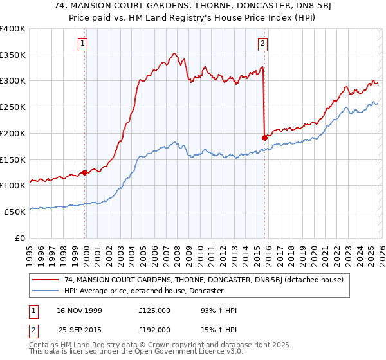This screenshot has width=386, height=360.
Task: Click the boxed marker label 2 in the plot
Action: click(263, 44)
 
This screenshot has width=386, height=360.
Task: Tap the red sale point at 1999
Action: click(85, 172)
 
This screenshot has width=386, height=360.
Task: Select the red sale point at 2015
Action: click(264, 137)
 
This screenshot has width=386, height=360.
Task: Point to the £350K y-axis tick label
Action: click(13, 55)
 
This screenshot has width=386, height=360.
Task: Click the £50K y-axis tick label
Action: click(15, 211)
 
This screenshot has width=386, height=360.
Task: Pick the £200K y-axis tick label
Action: click(13, 133)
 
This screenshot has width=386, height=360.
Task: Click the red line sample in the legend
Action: click(46, 280)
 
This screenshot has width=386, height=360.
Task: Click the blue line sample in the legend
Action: click(46, 291)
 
